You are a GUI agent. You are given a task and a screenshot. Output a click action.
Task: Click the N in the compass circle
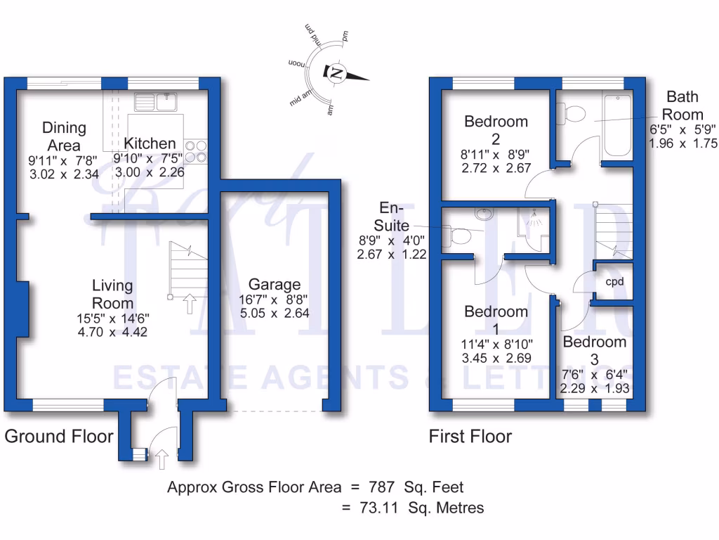pyautogui.click(x=337, y=72)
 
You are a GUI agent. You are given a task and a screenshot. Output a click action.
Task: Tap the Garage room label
pyautogui.click(x=275, y=285)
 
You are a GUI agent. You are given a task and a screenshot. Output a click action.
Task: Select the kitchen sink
pyautogui.click(x=154, y=102)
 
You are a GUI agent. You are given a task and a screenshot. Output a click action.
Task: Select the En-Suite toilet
pyautogui.click(x=460, y=236)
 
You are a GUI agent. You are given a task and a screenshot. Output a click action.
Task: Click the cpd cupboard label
pyautogui.click(x=615, y=281)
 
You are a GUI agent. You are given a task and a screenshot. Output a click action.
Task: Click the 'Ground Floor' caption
pyautogui.click(x=59, y=437)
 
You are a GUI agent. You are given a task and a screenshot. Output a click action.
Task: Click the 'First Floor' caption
pyautogui.click(x=470, y=437)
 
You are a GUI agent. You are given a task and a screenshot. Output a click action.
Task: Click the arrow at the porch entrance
pyautogui.click(x=161, y=460)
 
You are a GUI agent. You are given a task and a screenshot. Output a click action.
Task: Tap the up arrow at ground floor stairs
pyautogui.click(x=189, y=304)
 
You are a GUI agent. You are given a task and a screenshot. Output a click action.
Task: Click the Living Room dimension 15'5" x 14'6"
pyautogui.click(x=113, y=318)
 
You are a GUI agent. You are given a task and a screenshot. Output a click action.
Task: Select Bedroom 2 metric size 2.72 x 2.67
pyautogui.click(x=496, y=168)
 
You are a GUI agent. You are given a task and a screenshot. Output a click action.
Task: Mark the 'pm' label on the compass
pyautogui.click(x=345, y=35)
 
